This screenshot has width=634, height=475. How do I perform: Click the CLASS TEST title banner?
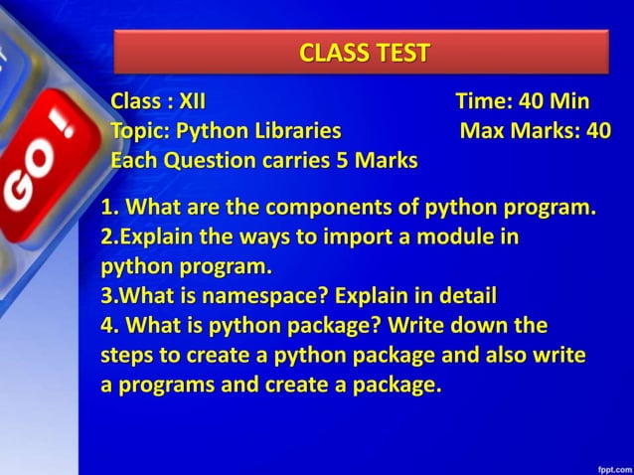tap(361, 52)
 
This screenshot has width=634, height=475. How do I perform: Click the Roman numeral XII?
tap(192, 101)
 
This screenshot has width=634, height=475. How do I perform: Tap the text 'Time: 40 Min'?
tap(522, 101)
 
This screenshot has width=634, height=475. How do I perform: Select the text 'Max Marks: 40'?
tap(535, 131)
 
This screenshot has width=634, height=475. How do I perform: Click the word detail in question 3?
tap(462, 296)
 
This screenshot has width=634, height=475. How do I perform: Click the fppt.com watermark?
tap(613, 464)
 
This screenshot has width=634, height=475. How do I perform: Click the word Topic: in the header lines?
tap(140, 131)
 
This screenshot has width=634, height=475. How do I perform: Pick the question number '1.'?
tap(110, 209)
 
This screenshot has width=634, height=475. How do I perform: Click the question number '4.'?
tap(110, 326)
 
